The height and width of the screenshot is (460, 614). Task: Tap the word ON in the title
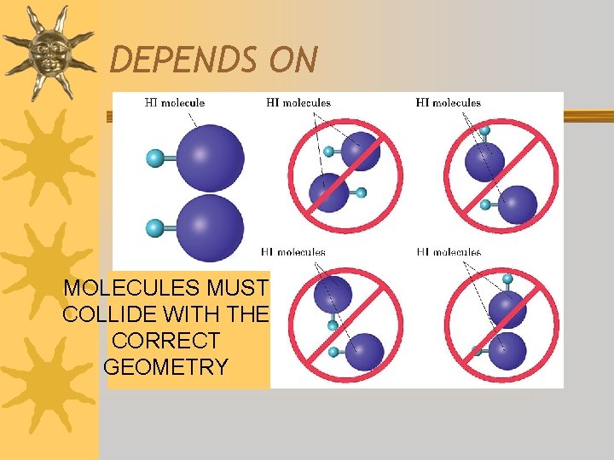pyautogui.click(x=293, y=60)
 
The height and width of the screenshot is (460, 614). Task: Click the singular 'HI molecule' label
pyautogui.click(x=175, y=103)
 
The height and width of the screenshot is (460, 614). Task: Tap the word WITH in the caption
pyautogui.click(x=197, y=314)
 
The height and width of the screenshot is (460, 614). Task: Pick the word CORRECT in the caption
pyautogui.click(x=165, y=341)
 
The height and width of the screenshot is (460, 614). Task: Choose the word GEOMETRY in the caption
pyautogui.click(x=165, y=367)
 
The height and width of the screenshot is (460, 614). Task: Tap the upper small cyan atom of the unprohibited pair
pyautogui.click(x=154, y=158)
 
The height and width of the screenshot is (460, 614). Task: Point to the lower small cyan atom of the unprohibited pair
pyautogui.click(x=154, y=227)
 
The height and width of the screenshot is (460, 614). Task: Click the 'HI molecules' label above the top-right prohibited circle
pyautogui.click(x=449, y=103)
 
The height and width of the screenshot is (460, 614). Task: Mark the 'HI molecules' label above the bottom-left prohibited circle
pyautogui.click(x=293, y=252)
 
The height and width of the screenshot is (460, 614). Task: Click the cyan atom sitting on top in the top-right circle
pyautogui.click(x=484, y=130)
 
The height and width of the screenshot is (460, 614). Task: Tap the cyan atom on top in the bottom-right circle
pyautogui.click(x=508, y=279)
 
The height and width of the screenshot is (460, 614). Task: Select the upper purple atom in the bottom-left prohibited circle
pyautogui.click(x=333, y=295)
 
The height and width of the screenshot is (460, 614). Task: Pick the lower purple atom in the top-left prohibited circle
pyautogui.click(x=328, y=193)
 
